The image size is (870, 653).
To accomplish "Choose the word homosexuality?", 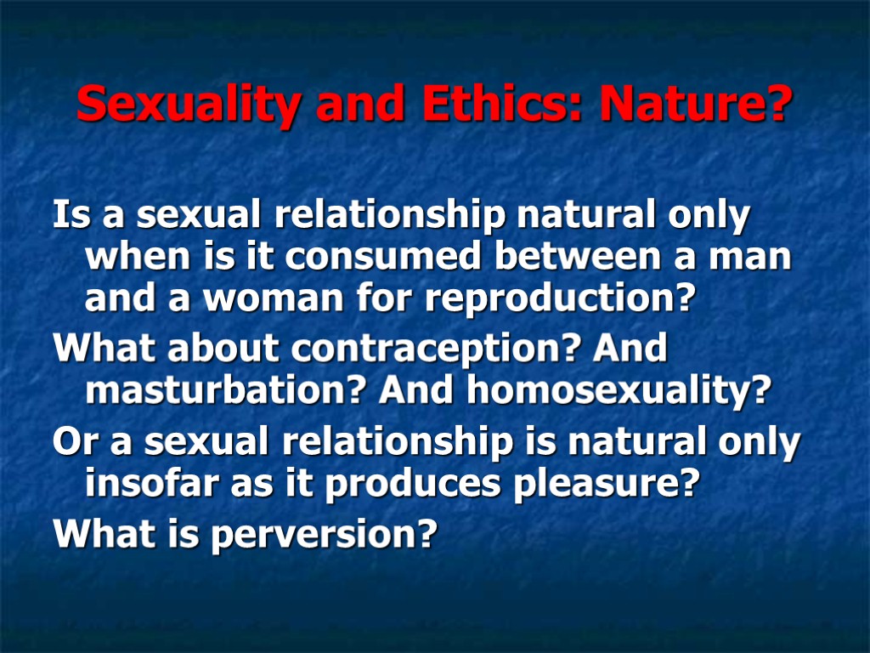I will click(618, 391).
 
